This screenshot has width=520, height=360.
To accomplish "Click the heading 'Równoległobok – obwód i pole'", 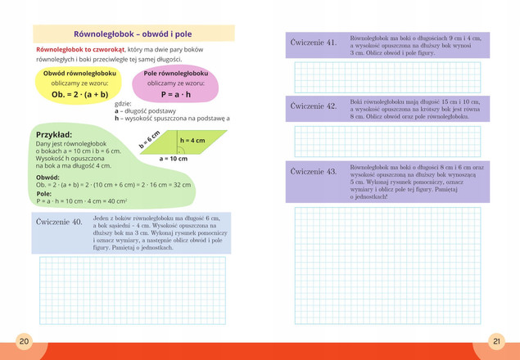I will pos(133,34).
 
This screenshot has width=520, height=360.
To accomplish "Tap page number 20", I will pos(24,340).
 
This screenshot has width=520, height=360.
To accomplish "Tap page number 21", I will pos(496,340).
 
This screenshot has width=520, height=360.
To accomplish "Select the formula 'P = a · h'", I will pos(176,95).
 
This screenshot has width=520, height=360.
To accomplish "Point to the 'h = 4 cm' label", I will pos(192,141).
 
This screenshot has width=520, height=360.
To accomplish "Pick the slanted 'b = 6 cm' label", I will pos(149,138).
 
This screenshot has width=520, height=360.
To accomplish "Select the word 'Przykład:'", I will pos(55,134).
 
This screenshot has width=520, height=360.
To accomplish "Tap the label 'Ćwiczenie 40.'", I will pos(60,222).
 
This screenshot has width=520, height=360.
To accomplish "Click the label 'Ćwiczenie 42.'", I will pos(314,106).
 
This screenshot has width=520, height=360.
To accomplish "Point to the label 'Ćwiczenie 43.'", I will pos(314,172).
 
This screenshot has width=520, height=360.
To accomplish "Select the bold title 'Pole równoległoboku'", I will pos(176,74).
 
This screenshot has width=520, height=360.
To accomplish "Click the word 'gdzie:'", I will pos(124,104).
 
